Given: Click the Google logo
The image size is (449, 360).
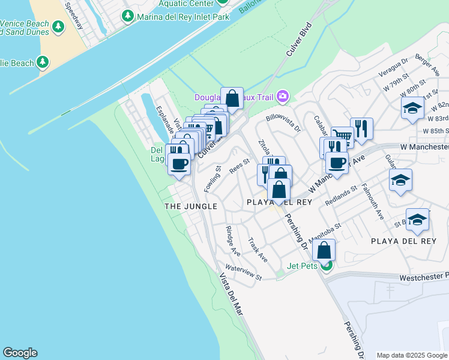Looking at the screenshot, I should point(19,353).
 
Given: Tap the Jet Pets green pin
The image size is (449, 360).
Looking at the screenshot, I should point(326,266).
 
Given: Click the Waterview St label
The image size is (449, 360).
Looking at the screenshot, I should point(244,272).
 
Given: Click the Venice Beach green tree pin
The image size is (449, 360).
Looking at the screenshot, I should point(58,26).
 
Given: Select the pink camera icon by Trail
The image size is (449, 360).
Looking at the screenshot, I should point(283,96).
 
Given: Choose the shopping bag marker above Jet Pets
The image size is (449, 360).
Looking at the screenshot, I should point(324,250).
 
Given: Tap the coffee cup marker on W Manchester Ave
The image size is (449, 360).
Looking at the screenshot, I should point(337,162).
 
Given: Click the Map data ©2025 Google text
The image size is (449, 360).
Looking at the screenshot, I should point(412,355).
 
